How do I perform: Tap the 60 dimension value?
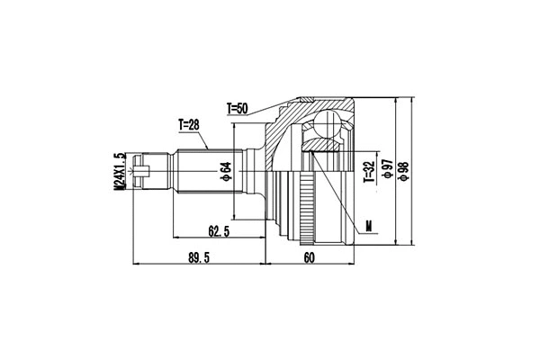coord(309,257)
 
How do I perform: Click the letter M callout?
coord(367,225)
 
